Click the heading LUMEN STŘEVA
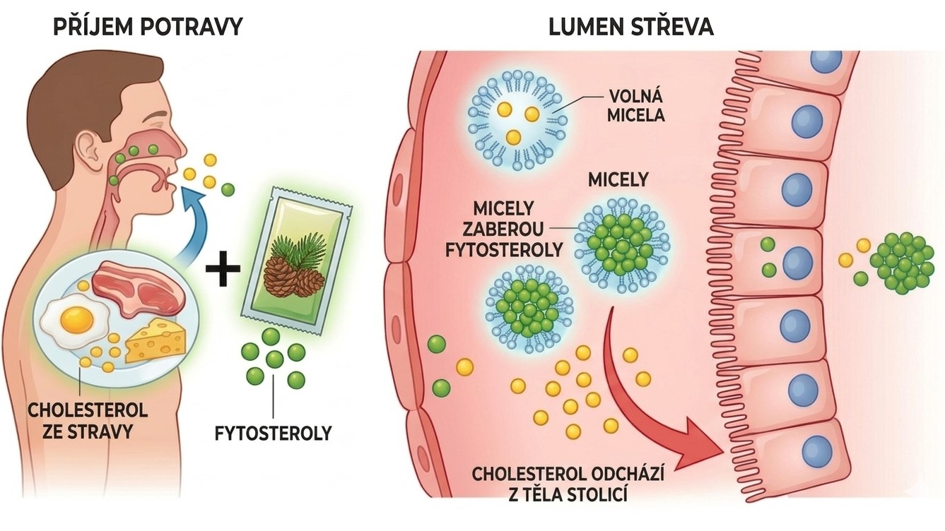click(631, 27)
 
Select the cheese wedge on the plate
click(155, 342)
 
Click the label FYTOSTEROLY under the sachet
click(273, 432)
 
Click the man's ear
click(89, 147)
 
